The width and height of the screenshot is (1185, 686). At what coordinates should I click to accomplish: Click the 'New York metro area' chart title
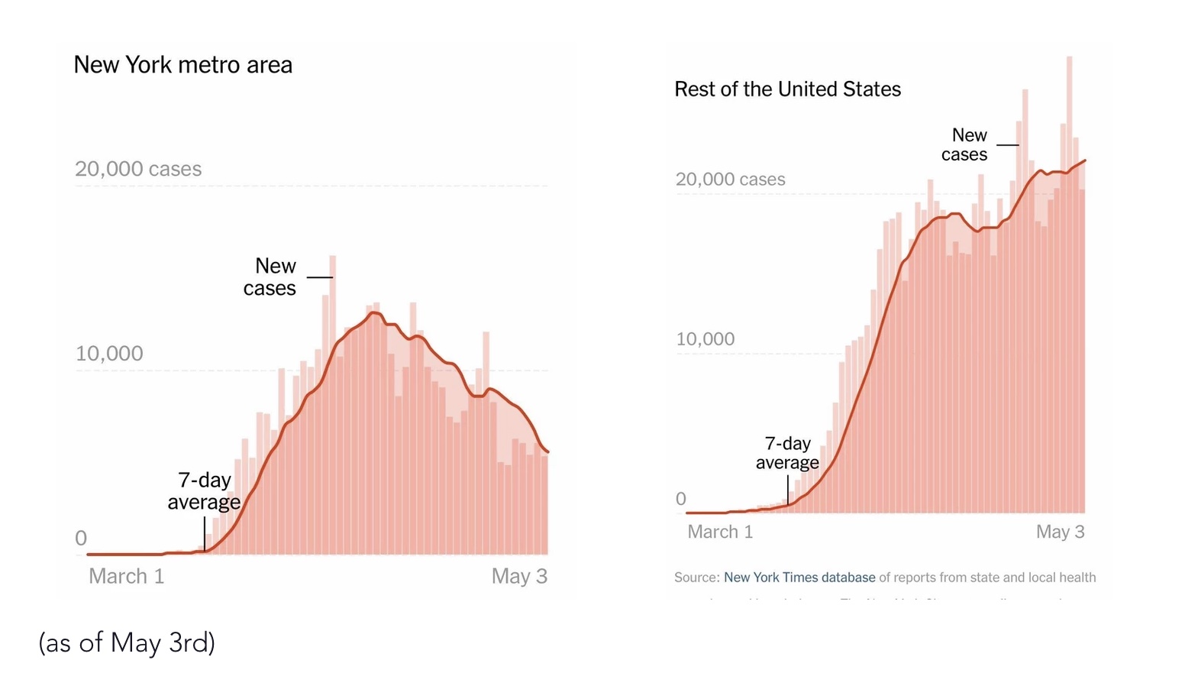(182, 65)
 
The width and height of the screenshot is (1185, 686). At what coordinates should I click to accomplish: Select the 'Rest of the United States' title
(787, 89)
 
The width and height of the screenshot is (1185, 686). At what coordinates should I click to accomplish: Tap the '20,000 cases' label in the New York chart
(138, 169)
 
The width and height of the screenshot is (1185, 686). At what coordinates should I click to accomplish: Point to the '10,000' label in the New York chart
(109, 354)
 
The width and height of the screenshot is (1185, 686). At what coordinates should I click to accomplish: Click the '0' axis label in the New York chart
(81, 539)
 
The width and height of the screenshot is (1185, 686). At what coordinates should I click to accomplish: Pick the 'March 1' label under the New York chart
(127, 576)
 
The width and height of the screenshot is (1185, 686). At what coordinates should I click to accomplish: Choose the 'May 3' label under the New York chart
(519, 576)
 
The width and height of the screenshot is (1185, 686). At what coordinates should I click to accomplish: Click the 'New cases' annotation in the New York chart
(270, 277)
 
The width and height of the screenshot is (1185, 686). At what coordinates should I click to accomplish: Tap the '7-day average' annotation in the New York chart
(204, 490)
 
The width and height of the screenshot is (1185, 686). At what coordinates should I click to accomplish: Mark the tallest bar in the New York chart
(332, 405)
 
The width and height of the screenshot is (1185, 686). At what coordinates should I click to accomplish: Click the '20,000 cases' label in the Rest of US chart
(730, 180)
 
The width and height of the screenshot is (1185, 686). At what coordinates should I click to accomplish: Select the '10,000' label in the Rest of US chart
(705, 339)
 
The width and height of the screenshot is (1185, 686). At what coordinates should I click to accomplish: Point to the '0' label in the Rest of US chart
(681, 500)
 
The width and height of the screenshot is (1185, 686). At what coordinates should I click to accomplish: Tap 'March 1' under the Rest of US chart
(720, 532)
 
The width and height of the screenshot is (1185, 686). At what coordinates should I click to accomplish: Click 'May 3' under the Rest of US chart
(1060, 532)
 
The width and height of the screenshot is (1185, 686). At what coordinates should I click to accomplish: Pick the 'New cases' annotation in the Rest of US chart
(965, 144)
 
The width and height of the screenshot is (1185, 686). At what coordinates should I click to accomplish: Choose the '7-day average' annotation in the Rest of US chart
(787, 453)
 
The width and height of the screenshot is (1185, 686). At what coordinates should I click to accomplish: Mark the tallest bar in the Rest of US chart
(1070, 283)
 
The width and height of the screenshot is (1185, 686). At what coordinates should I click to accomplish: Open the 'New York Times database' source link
(799, 578)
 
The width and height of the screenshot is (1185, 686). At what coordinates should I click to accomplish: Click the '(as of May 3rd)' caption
(127, 642)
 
